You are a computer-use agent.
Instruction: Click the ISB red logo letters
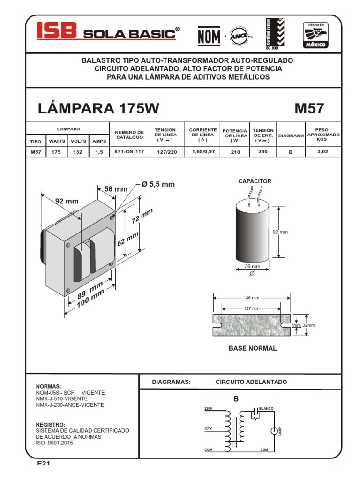point(57,32)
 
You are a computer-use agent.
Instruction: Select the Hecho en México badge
point(317,35)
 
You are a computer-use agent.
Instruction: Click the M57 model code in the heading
point(309,108)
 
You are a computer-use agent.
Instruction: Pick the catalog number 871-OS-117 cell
point(128,152)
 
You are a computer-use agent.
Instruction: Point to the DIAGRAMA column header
point(291,135)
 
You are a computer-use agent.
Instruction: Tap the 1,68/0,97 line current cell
point(202,152)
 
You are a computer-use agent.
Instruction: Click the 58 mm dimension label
point(116,188)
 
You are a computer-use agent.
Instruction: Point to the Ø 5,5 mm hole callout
point(158,184)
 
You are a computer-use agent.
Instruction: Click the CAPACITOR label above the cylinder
point(255,181)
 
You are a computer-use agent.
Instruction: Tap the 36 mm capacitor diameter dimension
point(252,266)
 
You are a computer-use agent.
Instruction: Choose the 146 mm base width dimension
point(251,298)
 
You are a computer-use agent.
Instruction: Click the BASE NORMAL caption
point(252,348)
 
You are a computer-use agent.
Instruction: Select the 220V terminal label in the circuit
point(209,409)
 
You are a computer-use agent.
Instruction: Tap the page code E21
point(44,464)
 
